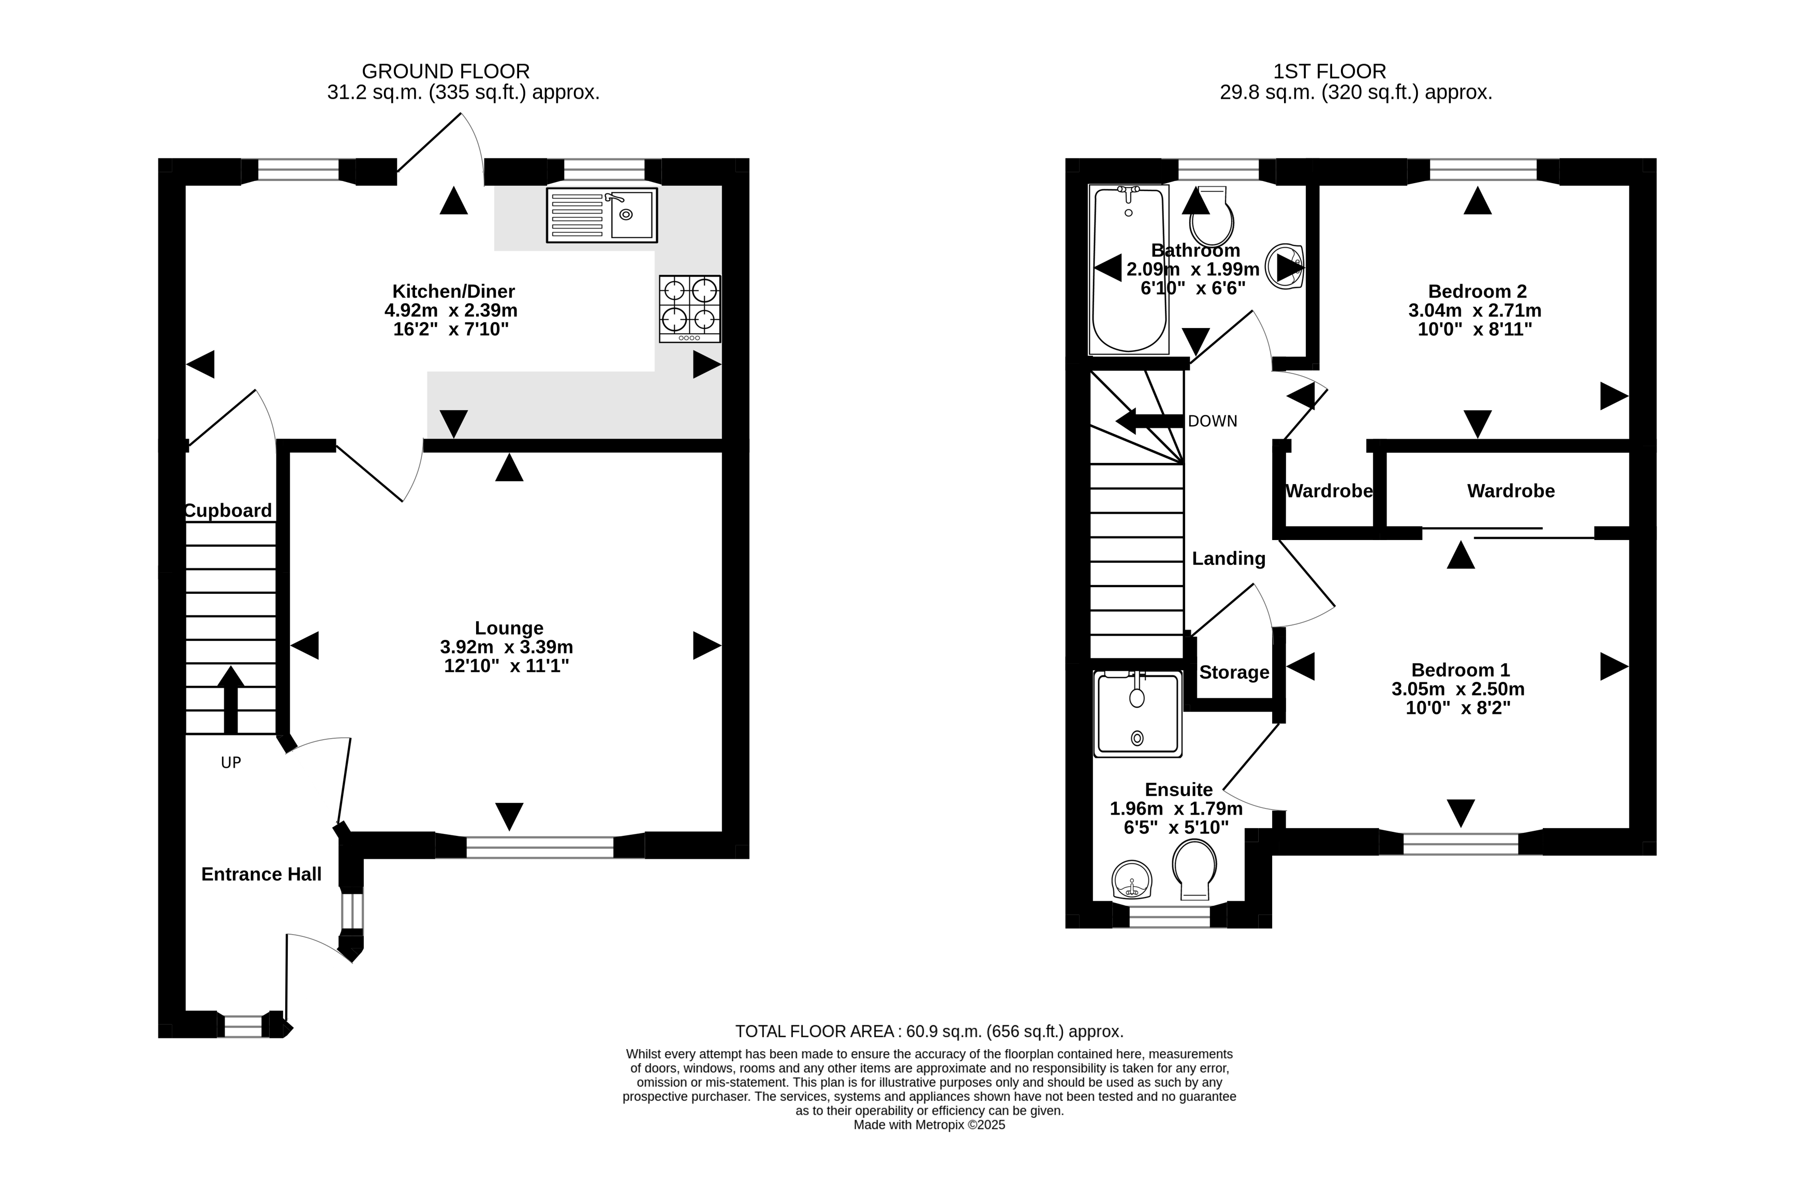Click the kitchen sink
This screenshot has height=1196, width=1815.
(x=602, y=215)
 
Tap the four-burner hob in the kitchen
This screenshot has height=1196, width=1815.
(x=690, y=309)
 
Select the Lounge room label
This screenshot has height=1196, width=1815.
(x=509, y=628)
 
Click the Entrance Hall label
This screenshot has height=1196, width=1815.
(x=261, y=874)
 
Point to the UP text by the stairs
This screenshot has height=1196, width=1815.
(x=230, y=762)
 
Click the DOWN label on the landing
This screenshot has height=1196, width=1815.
(x=1212, y=421)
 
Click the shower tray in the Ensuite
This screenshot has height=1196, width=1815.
(x=1138, y=714)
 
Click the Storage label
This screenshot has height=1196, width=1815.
(x=1234, y=672)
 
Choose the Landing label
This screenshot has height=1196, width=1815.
(x=1228, y=558)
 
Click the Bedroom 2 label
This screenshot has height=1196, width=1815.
(x=1477, y=291)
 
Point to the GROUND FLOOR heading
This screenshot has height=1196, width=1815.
(x=446, y=71)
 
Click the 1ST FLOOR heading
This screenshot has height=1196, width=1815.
(x=1330, y=71)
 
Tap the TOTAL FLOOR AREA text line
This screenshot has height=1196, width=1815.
(x=929, y=1031)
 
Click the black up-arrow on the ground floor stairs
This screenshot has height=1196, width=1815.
(x=230, y=699)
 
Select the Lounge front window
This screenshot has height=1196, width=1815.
(x=540, y=847)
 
